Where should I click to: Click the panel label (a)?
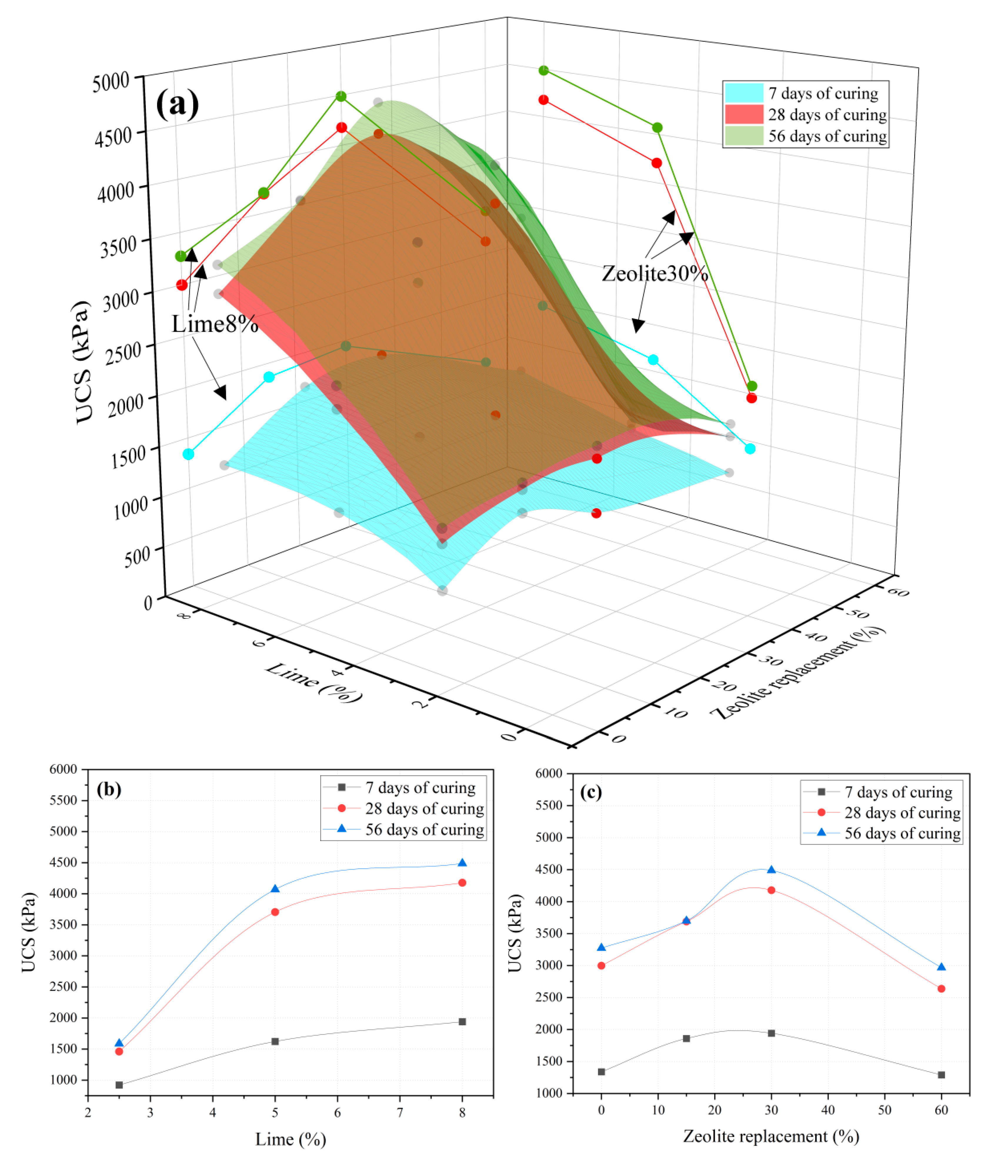(x=177, y=104)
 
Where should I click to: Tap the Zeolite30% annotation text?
(x=655, y=273)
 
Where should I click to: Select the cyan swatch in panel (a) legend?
(x=743, y=93)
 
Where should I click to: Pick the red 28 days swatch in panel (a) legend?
(x=743, y=114)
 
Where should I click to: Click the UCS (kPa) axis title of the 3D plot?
(x=82, y=362)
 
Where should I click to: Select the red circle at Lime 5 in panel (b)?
(x=275, y=912)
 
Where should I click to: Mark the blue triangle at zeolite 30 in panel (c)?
(x=771, y=869)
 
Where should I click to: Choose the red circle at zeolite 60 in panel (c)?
(x=941, y=988)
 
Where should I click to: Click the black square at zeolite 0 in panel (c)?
(x=601, y=1071)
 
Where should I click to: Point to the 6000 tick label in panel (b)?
(x=63, y=769)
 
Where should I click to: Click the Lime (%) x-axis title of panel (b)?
(x=290, y=1140)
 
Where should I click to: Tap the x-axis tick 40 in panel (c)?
(x=828, y=1110)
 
